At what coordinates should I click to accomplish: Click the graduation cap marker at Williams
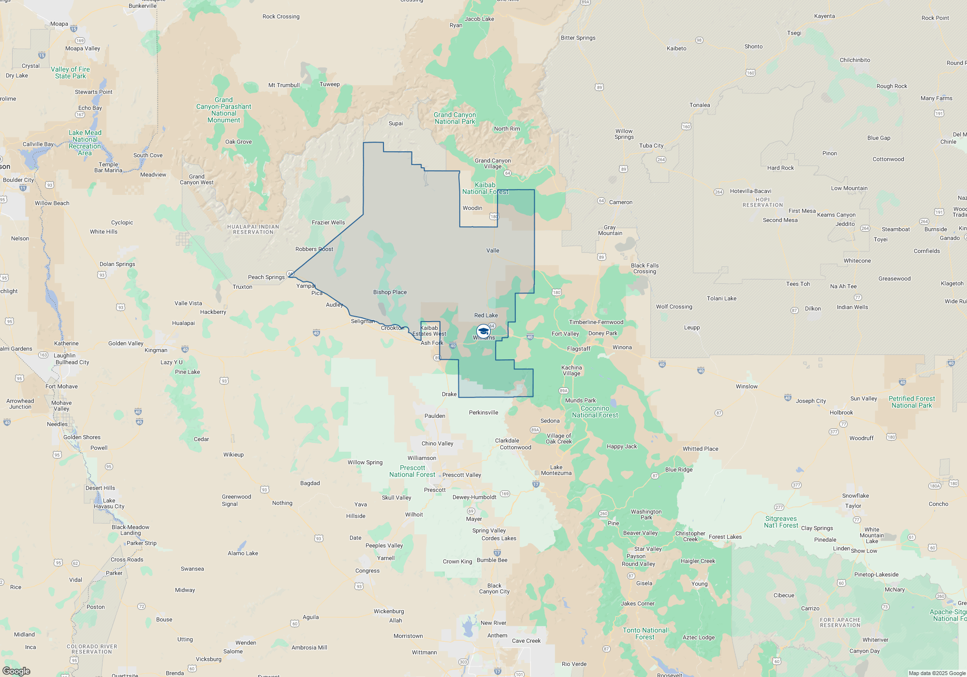[x=483, y=331]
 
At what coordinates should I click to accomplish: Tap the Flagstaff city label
[x=579, y=349]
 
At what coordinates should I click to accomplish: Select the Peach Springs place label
[x=266, y=277]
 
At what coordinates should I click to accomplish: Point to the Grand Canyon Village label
[x=492, y=163]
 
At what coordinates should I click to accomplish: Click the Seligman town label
[x=363, y=321]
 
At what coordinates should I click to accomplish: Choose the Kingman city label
[x=156, y=350]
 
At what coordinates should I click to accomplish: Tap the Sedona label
[x=550, y=421]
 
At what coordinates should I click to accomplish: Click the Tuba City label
[x=651, y=146]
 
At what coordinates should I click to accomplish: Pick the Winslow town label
[x=747, y=386]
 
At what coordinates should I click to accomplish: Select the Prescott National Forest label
[x=412, y=471]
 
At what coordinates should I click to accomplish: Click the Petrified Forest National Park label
[x=911, y=402]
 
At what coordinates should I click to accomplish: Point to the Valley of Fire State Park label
[x=71, y=73]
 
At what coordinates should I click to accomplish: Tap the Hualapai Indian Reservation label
[x=253, y=229]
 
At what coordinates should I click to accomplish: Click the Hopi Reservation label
[x=762, y=202]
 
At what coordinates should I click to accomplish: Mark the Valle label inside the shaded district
[x=493, y=250]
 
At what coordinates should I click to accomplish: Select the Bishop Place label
[x=390, y=292]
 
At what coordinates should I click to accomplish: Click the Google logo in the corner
[x=16, y=671]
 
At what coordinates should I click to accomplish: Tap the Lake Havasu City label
[x=109, y=503]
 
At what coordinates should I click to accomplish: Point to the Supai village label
[x=396, y=123]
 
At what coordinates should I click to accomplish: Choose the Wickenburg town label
[x=389, y=611]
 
